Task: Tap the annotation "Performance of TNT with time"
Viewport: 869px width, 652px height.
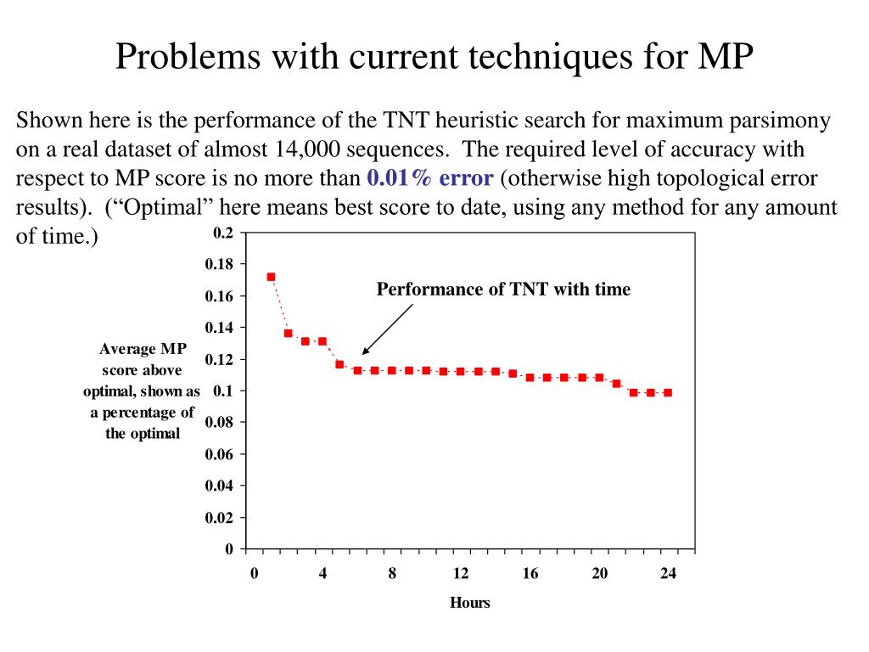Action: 503,289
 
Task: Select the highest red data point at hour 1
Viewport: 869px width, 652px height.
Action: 271,277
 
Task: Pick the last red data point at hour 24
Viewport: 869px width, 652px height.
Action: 668,392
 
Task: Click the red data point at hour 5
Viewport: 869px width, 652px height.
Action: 339,364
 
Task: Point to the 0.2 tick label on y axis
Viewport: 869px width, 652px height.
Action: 222,233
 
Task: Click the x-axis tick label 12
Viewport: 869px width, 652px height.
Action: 461,574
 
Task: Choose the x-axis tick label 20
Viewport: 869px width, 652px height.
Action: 599,574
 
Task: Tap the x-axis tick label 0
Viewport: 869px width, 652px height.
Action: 254,574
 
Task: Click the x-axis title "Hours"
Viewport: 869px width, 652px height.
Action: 469,603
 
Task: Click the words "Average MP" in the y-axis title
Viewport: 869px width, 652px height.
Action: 143,348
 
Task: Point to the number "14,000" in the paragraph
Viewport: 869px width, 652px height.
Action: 306,149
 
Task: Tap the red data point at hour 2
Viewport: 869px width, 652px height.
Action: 288,333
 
